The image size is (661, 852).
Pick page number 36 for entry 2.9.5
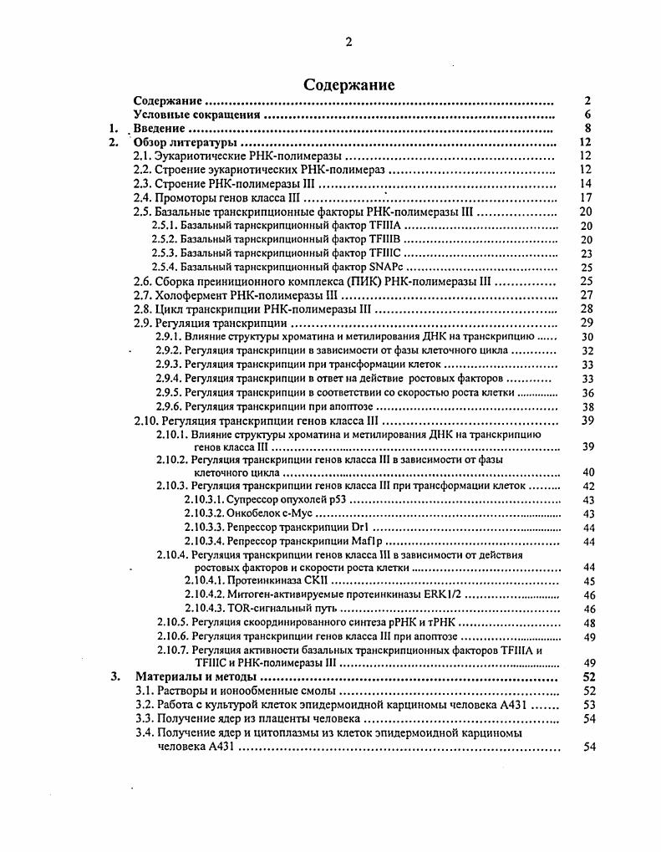pyautogui.click(x=587, y=392)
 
